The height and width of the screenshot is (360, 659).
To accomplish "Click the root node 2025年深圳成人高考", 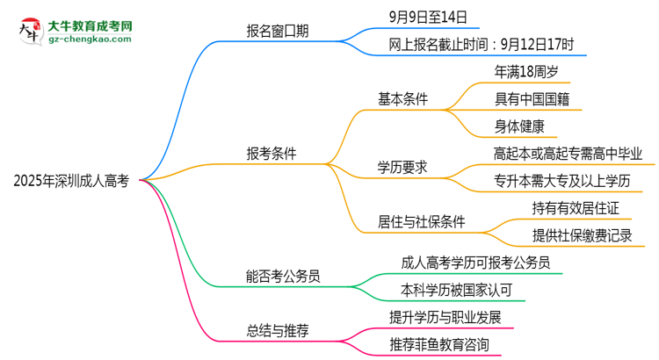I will click(x=71, y=181).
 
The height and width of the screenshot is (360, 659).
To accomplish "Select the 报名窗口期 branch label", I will click(x=277, y=32).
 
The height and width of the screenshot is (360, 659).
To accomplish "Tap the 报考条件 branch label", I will click(x=271, y=154).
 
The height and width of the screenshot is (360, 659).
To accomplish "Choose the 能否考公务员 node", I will click(x=283, y=276).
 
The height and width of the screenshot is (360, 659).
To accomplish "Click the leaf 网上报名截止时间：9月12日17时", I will click(x=481, y=43).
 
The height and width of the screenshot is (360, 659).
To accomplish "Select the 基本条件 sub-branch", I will click(x=402, y=98).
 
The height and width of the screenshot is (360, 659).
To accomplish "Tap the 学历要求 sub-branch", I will click(x=402, y=167).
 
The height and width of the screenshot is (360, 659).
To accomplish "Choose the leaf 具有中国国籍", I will click(x=532, y=98).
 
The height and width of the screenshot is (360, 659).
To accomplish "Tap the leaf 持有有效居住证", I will click(x=576, y=208).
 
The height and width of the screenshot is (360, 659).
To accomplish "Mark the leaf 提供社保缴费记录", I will click(x=582, y=235).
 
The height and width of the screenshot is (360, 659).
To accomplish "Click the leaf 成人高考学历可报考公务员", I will click(x=475, y=262).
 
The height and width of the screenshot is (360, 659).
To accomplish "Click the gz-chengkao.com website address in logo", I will click(x=89, y=39).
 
